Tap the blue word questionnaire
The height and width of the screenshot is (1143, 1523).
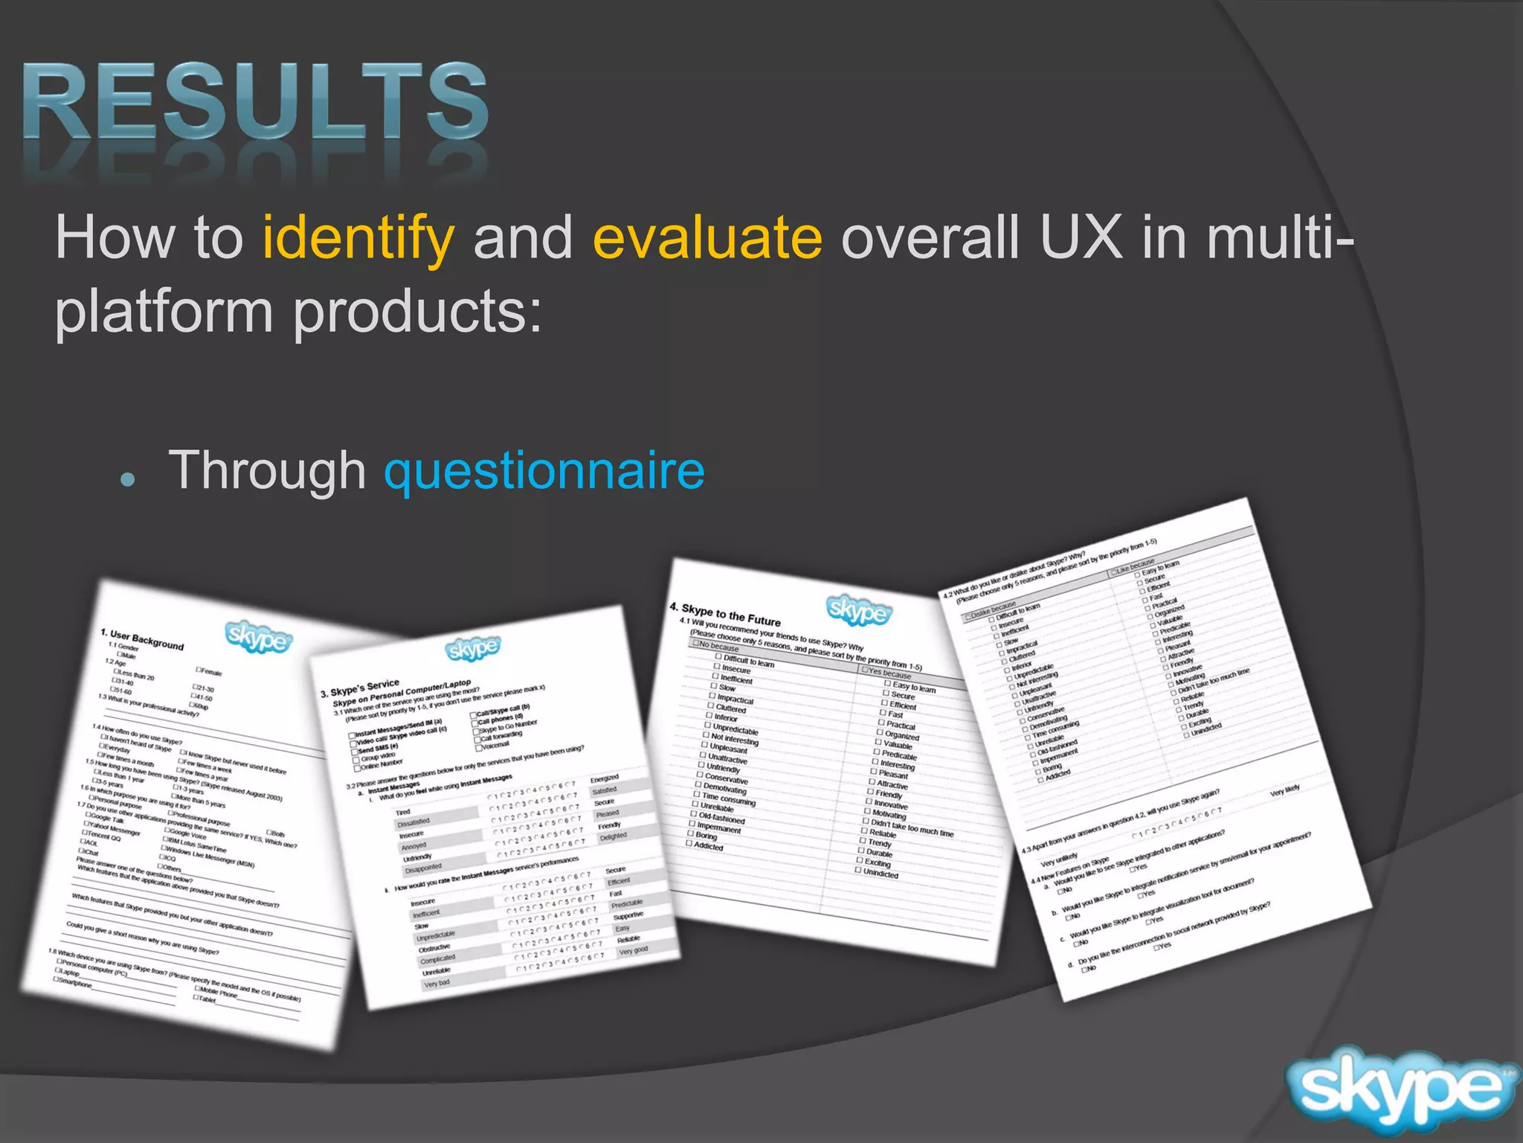click(x=544, y=470)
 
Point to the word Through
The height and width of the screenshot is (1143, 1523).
click(x=268, y=470)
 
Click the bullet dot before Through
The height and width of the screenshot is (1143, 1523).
click(x=129, y=479)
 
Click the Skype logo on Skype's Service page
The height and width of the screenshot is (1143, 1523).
click(x=472, y=649)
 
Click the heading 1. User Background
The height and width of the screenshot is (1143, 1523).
click(x=141, y=639)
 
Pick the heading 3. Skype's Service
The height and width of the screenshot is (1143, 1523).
click(x=360, y=688)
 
